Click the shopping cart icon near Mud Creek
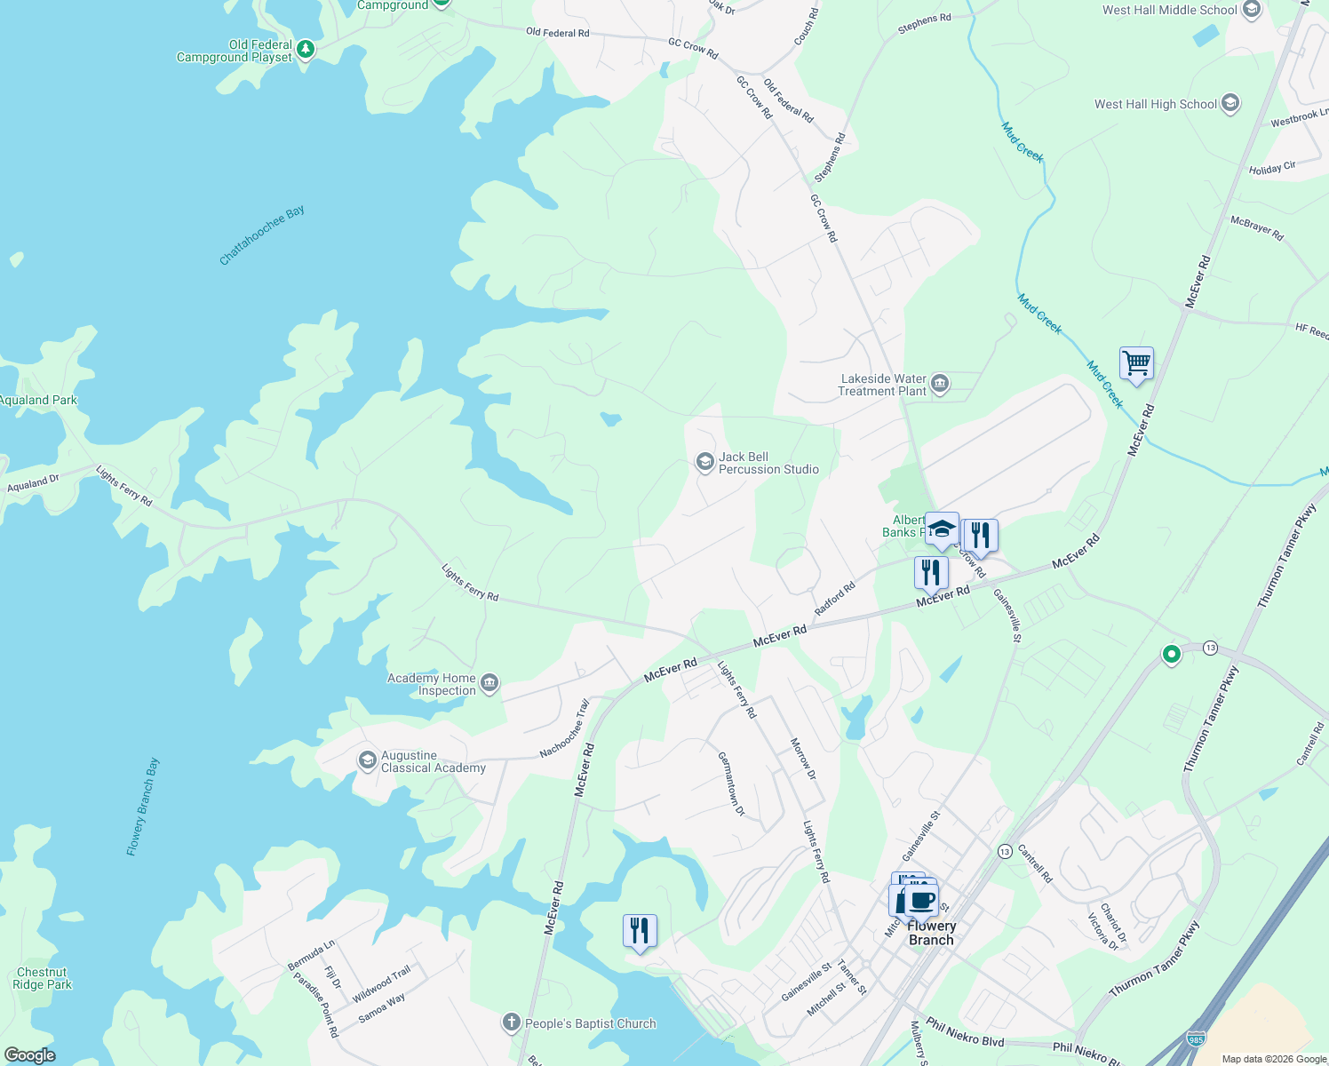1136,363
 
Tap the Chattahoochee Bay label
262,235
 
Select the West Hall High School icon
1230,104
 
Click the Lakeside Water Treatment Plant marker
941,385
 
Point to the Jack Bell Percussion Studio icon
704,462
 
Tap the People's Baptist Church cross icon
511,1023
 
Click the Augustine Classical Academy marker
367,760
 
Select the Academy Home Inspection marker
489,683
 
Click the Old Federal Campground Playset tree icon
306,49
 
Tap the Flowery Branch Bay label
143,807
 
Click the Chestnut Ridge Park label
42,978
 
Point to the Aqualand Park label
38,400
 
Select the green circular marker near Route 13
1171,655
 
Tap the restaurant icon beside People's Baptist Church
640,931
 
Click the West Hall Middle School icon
1252,11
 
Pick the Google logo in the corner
29,1055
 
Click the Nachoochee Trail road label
564,729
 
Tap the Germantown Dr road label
731,784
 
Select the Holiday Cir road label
1272,168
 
